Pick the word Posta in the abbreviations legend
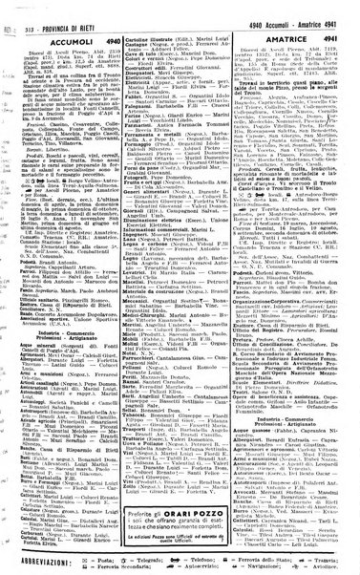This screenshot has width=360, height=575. pyautogui.click(x=104, y=552)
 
